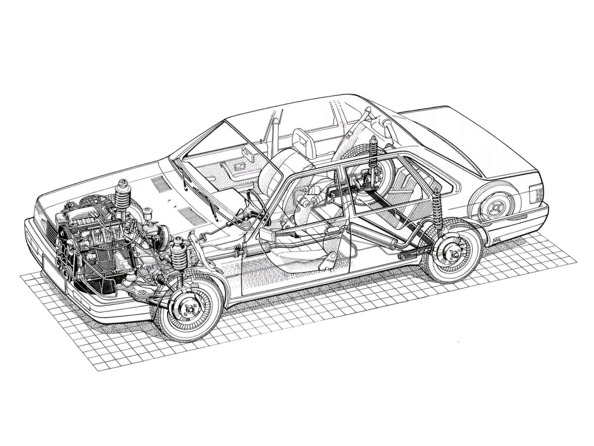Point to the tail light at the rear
point(537,195)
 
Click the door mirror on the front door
point(269,236)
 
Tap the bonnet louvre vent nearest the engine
point(161,185)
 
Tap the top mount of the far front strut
point(122,184)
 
